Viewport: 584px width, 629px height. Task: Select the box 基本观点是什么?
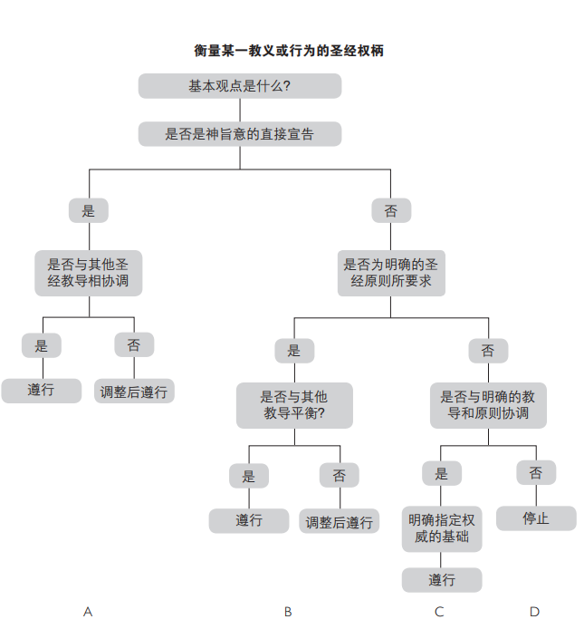(x=240, y=86)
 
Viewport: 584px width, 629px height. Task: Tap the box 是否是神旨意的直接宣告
(x=240, y=134)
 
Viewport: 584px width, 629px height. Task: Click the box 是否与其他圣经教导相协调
(x=89, y=273)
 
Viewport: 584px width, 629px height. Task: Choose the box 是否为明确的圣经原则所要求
(x=391, y=273)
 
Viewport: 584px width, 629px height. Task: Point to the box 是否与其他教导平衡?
(x=294, y=405)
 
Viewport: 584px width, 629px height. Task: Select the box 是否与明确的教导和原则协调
(x=488, y=405)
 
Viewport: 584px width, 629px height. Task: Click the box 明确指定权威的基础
(x=442, y=529)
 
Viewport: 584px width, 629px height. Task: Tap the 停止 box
(x=536, y=518)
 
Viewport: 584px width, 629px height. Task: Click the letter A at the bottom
(x=88, y=612)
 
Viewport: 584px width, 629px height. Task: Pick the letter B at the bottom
(x=288, y=612)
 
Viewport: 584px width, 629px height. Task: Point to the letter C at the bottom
(x=439, y=612)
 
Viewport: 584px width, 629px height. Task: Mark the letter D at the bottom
(x=534, y=612)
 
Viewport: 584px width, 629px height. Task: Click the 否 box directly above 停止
(x=536, y=472)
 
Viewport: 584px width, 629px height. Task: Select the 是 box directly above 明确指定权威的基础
(x=442, y=473)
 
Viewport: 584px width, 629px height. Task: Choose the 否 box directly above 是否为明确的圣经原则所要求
(x=391, y=210)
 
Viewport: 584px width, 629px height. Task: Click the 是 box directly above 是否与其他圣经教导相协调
(x=89, y=210)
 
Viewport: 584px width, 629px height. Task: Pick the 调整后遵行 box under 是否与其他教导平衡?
(x=340, y=522)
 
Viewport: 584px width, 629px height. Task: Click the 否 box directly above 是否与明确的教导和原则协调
(x=488, y=350)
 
